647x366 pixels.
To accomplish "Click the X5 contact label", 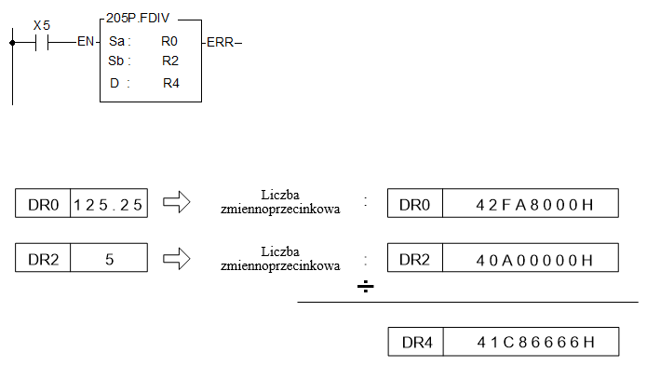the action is pos(42,25).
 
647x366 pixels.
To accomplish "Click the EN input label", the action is pos(86,41).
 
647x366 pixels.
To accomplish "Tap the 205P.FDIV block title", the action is pos(138,18).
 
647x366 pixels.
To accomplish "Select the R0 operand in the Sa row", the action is pos(169,41).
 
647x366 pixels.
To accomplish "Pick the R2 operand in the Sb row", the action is pos(170,61).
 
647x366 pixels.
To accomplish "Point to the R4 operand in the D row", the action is pos(171,83).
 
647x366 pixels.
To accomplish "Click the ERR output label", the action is pos(221,42).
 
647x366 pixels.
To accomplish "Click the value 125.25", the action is pos(108,205).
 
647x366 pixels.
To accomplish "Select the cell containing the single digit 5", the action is pos(109,258).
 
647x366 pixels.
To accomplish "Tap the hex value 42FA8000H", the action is pos(534,205).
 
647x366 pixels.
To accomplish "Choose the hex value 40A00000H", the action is pos(534,260).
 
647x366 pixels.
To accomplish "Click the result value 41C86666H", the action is pos(535,342).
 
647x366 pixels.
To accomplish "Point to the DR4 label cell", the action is pos(416,342).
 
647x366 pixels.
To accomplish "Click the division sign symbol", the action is pos(366,286).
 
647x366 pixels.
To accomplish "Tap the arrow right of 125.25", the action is pos(177,202).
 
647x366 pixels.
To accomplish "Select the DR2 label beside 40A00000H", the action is pos(414,260).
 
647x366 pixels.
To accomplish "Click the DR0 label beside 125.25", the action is pos(44,205).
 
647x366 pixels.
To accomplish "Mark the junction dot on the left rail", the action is pos(12,43).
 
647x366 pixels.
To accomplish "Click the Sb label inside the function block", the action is pos(116,61).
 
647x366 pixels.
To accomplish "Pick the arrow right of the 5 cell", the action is pos(177,258).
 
